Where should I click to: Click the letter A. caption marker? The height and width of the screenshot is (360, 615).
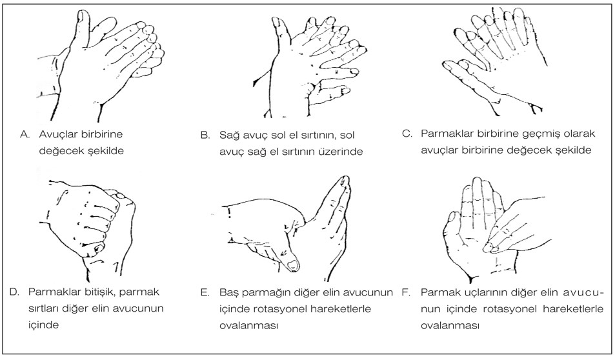coord(26,135)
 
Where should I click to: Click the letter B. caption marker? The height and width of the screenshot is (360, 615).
coord(205,136)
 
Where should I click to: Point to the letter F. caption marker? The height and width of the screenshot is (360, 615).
coord(407,292)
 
